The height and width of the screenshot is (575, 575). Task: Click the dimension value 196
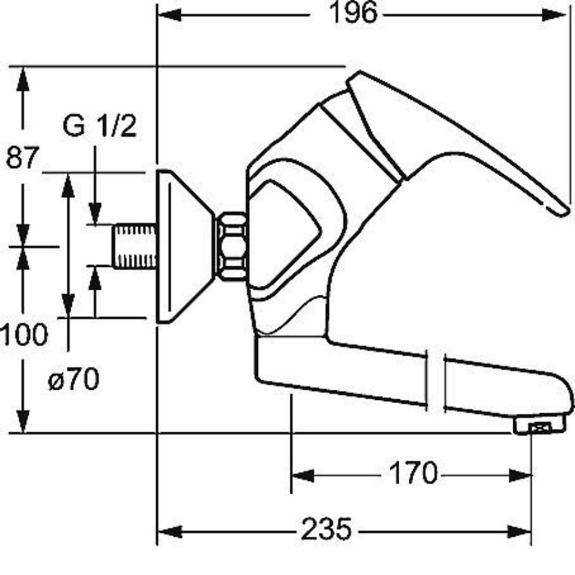coord(353,13)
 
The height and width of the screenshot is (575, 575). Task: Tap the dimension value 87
coord(22,157)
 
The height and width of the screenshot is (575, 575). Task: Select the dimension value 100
coord(24,335)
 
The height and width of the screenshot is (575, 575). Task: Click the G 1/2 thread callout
coord(100,126)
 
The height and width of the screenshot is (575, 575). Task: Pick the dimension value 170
coord(413,473)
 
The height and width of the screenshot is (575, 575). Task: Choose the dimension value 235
coord(326,528)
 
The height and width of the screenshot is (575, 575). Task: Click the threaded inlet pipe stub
coord(134,246)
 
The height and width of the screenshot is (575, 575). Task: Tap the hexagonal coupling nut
coord(231,246)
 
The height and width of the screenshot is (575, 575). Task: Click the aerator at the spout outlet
coord(539,427)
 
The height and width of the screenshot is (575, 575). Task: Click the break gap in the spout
coord(435,381)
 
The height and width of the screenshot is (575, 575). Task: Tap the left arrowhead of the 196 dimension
coord(169,15)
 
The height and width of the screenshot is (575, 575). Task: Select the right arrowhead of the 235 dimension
coord(519,531)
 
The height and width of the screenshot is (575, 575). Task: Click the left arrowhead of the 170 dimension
coord(303,476)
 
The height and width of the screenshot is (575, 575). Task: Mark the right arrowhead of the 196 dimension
coord(554,15)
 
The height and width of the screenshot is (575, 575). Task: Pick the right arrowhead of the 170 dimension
coord(520,476)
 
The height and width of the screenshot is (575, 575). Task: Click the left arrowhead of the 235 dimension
coord(170,532)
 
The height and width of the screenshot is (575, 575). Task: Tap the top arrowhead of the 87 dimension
coord(23,79)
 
